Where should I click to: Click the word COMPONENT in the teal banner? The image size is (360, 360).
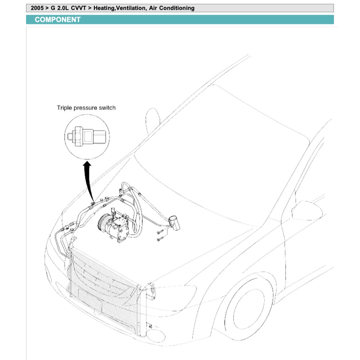pos(58,20)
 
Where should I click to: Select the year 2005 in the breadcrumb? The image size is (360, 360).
pos(37,8)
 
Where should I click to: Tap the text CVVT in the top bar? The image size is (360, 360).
pos(80,8)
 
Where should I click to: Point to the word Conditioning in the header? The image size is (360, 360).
pos(176,8)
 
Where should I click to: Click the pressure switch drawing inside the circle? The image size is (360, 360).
pos(88,136)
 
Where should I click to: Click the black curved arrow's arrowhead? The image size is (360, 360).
pos(86,165)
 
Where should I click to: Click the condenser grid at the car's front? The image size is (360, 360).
pos(104,284)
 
